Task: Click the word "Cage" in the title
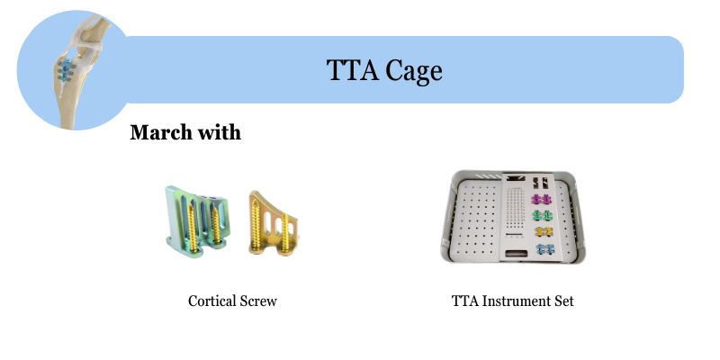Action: point(414,71)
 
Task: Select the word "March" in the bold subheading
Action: point(161,132)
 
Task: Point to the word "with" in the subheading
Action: point(219,132)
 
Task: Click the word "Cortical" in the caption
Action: point(212,301)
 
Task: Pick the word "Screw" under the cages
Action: point(258,301)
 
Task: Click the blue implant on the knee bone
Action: point(66,71)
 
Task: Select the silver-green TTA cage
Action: point(196,221)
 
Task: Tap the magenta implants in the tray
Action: point(542,199)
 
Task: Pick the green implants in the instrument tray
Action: point(543,215)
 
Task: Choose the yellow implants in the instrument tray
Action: point(544,232)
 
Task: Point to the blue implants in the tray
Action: point(545,249)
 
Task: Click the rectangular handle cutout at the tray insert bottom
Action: point(517,254)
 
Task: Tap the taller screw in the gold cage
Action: point(256,225)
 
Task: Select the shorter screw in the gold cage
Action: point(285,233)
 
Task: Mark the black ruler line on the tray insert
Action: point(514,235)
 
